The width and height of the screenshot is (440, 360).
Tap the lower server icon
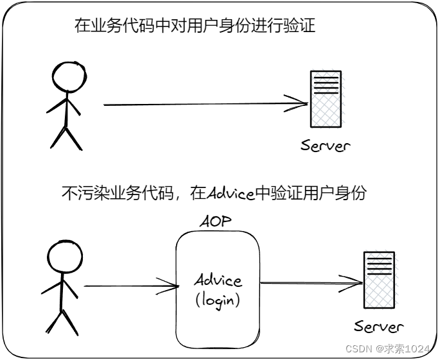click(x=378, y=279)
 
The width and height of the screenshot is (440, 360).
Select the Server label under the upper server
click(x=326, y=145)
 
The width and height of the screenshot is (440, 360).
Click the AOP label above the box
click(x=215, y=222)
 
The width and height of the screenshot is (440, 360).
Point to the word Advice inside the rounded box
click(x=218, y=280)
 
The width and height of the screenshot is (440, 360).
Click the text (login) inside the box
click(x=218, y=300)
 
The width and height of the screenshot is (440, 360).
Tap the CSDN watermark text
click(x=356, y=348)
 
